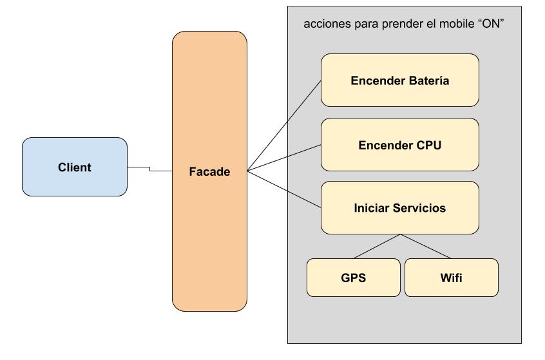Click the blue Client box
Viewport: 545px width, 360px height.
[x=75, y=167]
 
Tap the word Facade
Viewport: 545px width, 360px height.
[x=209, y=172]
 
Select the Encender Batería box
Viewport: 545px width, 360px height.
[x=399, y=80]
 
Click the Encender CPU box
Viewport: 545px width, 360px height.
[x=399, y=145]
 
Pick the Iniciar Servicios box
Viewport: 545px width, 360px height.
[x=399, y=208]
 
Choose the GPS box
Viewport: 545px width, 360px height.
[x=353, y=278]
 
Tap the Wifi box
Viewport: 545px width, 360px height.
[x=451, y=278]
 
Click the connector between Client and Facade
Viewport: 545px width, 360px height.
[x=149, y=169]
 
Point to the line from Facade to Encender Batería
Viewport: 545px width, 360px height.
[x=283, y=126]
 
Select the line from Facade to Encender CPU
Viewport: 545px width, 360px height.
[x=283, y=158]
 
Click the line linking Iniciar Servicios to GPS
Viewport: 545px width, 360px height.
[x=377, y=246]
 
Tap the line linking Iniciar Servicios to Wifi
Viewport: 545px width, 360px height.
[x=425, y=246]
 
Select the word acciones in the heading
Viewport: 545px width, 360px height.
[x=324, y=24]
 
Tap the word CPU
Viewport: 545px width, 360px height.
[x=428, y=145]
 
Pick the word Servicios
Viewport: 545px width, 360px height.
[x=418, y=208]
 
